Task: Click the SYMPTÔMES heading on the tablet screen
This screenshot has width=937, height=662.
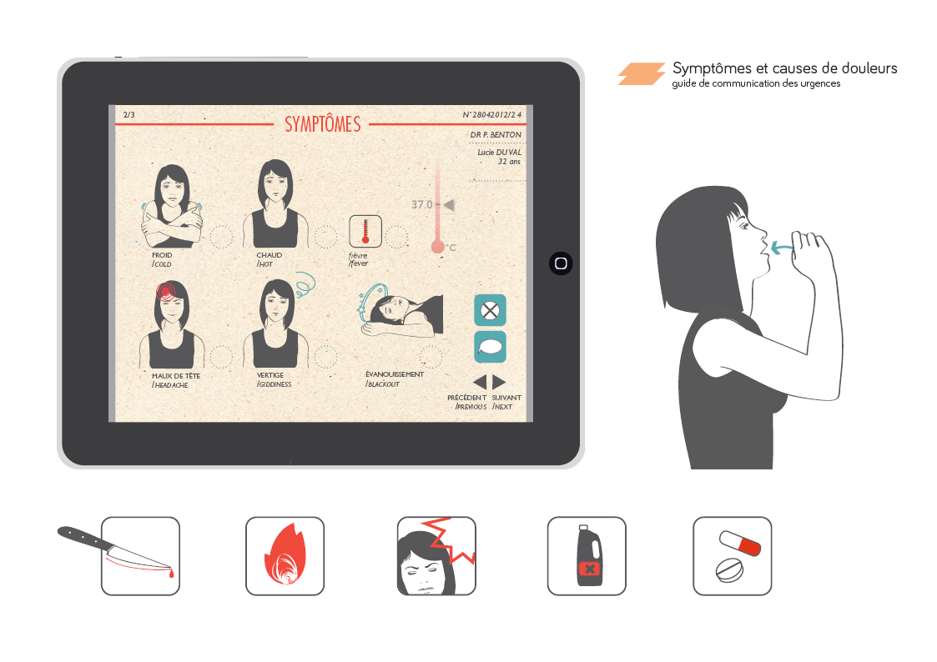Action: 323,124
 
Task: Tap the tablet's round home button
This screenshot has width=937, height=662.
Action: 561,263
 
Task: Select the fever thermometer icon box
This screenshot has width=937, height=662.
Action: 365,231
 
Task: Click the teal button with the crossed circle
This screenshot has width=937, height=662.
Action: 490,310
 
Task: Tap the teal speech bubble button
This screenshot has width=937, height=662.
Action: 490,347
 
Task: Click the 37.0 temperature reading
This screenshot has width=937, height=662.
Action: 422,205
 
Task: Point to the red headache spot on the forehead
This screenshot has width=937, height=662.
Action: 165,291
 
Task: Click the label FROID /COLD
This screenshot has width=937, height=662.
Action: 162,259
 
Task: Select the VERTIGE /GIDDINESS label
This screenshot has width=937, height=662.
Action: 275,379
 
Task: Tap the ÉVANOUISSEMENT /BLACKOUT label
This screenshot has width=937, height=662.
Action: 395,379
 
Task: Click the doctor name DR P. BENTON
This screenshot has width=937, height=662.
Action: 496,135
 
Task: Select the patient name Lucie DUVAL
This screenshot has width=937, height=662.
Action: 499,153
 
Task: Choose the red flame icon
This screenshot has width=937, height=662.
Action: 285,554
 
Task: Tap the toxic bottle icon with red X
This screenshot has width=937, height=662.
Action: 588,555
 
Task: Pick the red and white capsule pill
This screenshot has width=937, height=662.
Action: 740,543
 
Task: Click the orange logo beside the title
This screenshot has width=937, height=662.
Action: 641,73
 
